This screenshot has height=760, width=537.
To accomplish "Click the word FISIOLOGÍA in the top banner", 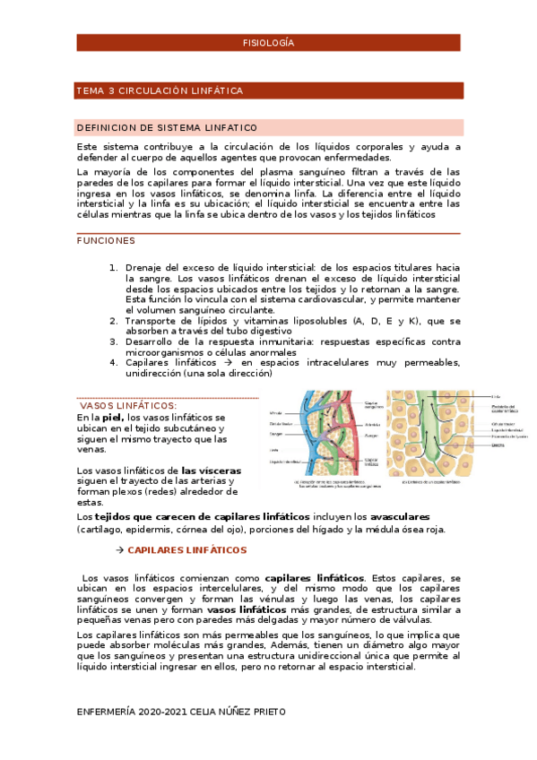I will point(268,43).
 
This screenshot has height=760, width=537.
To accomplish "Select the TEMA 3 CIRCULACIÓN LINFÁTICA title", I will point(160,91).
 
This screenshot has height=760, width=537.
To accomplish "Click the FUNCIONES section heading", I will point(106,240).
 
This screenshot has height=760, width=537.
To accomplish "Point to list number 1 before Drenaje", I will point(113,268).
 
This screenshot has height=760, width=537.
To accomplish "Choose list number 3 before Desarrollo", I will point(113,341).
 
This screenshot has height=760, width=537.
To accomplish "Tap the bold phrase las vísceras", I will point(211,471).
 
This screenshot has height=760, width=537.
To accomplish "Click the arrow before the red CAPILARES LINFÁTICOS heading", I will point(119,549).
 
